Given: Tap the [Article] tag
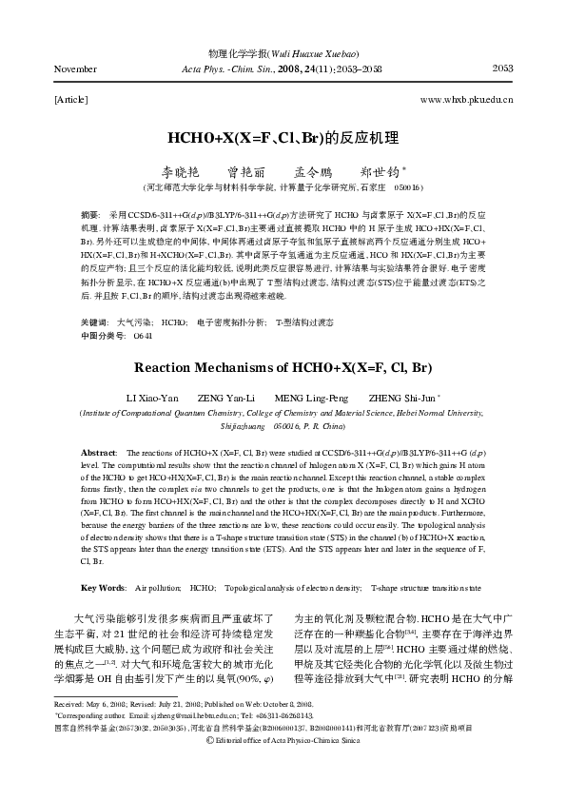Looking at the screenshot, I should click(x=71, y=98).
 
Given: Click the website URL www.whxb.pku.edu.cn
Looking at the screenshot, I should click(x=466, y=98).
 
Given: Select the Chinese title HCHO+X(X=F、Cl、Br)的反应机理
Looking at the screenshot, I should click(x=283, y=137).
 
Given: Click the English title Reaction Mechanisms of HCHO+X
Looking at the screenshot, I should click(x=283, y=365).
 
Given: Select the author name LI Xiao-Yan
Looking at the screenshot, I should click(x=151, y=397).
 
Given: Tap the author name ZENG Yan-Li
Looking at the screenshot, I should click(x=225, y=397).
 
